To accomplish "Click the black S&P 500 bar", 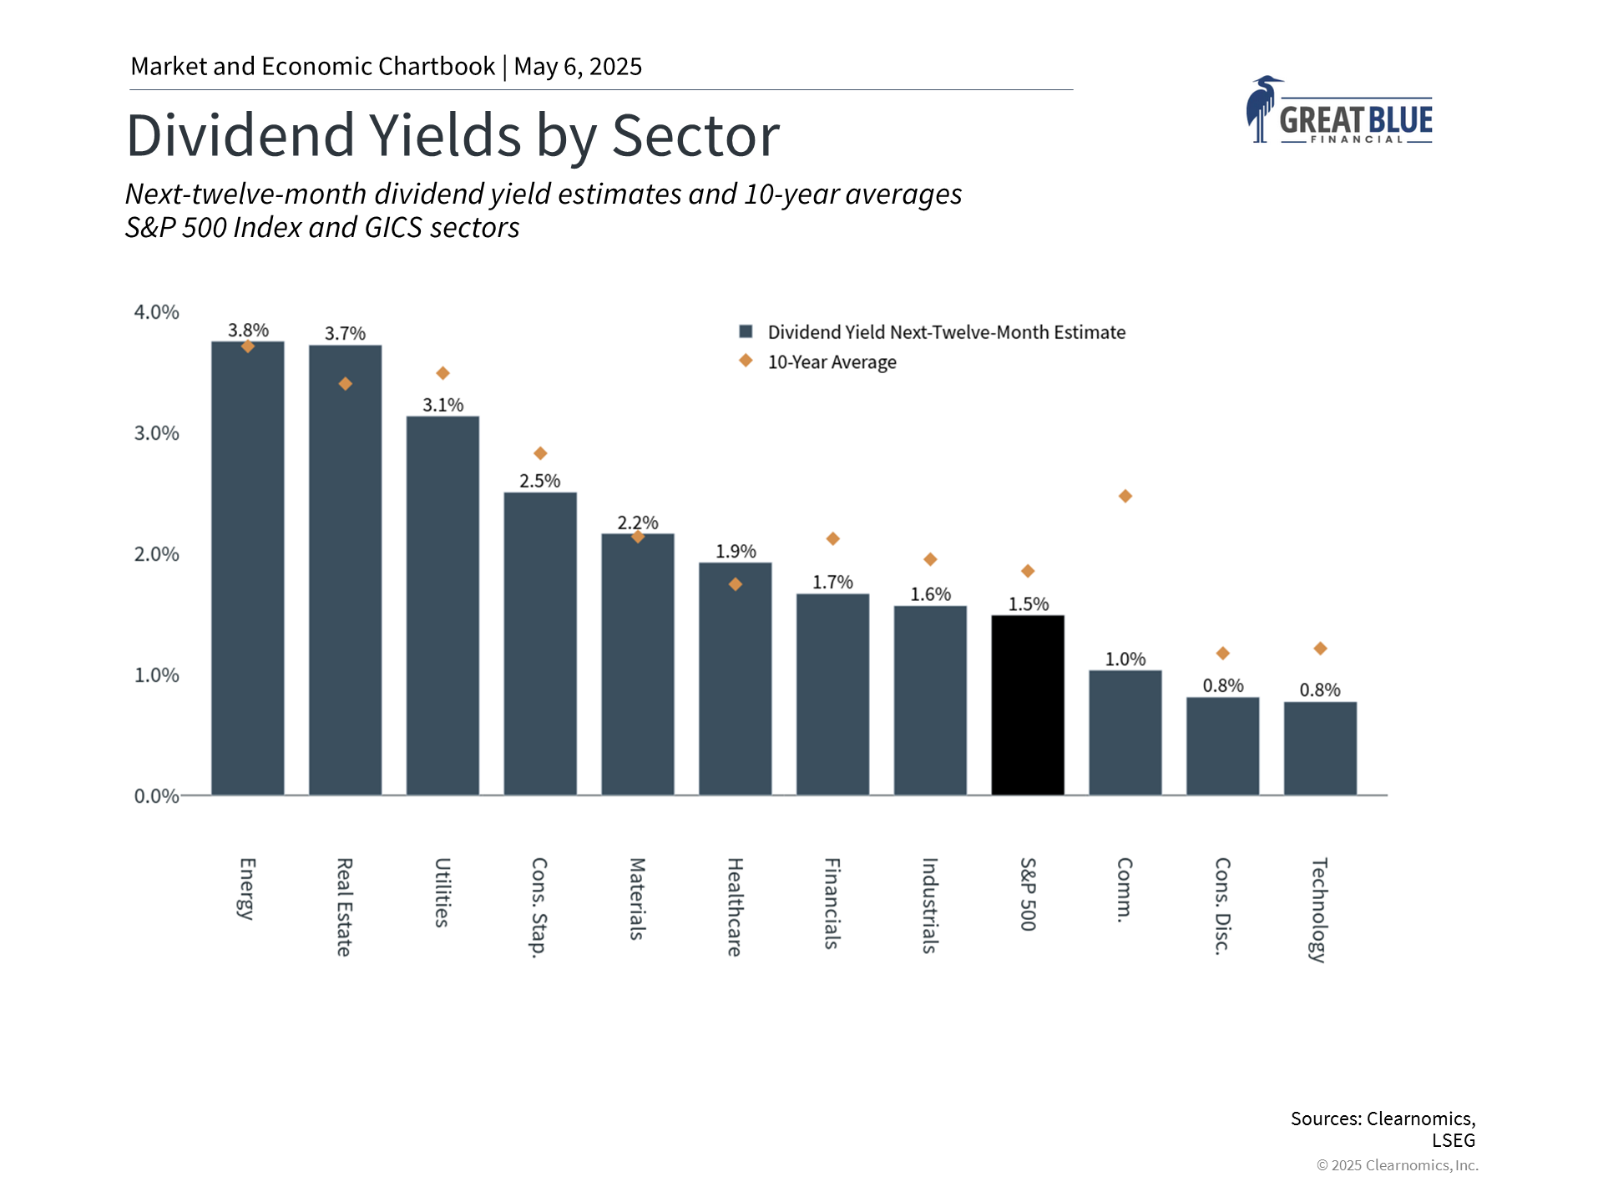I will [x=1028, y=705].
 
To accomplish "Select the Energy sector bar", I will [x=248, y=568].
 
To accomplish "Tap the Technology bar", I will [x=1320, y=748].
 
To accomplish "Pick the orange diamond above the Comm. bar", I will [x=1125, y=497].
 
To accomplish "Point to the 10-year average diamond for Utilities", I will [x=443, y=373].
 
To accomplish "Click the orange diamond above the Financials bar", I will [x=832, y=539].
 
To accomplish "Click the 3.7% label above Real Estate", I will [x=345, y=334].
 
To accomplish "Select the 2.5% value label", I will [x=539, y=481].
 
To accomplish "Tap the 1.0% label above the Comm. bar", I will [x=1125, y=659].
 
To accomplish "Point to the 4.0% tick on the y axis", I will [x=157, y=312].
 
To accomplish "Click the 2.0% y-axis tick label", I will [x=157, y=554].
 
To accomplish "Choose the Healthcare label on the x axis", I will [x=735, y=907].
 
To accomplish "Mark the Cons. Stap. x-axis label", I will [x=540, y=907].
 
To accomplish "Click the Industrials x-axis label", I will [x=930, y=906].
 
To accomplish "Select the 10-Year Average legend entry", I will [x=832, y=362].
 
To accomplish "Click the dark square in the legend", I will [x=746, y=331].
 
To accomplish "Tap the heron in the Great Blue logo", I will [x=1261, y=109].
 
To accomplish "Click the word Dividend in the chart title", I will [x=240, y=135].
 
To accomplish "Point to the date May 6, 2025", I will [x=578, y=67].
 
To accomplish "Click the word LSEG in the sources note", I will [x=1454, y=1140].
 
